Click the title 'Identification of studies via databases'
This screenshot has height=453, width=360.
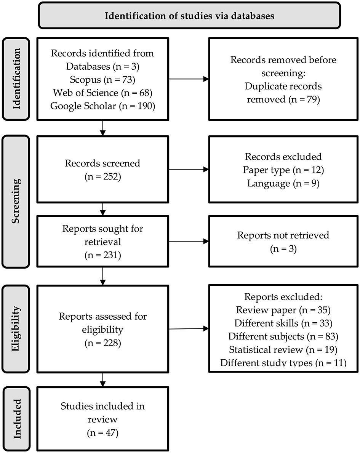click(x=190, y=16)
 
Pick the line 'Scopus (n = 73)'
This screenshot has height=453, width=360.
click(x=102, y=80)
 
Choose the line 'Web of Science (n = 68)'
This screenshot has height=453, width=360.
click(x=102, y=93)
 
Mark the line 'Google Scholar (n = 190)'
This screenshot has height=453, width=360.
click(x=102, y=106)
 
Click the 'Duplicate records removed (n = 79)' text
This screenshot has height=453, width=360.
click(x=283, y=93)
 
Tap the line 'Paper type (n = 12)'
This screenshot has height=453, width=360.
click(x=283, y=170)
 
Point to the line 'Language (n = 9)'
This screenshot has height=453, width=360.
click(x=283, y=183)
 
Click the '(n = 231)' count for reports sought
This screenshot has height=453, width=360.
click(x=102, y=255)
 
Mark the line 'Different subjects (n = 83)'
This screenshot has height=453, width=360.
click(x=283, y=336)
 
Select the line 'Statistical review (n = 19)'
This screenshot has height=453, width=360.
click(x=283, y=349)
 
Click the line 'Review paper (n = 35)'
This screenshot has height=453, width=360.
click(x=283, y=310)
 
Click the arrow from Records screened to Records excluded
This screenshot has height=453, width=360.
click(x=188, y=170)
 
